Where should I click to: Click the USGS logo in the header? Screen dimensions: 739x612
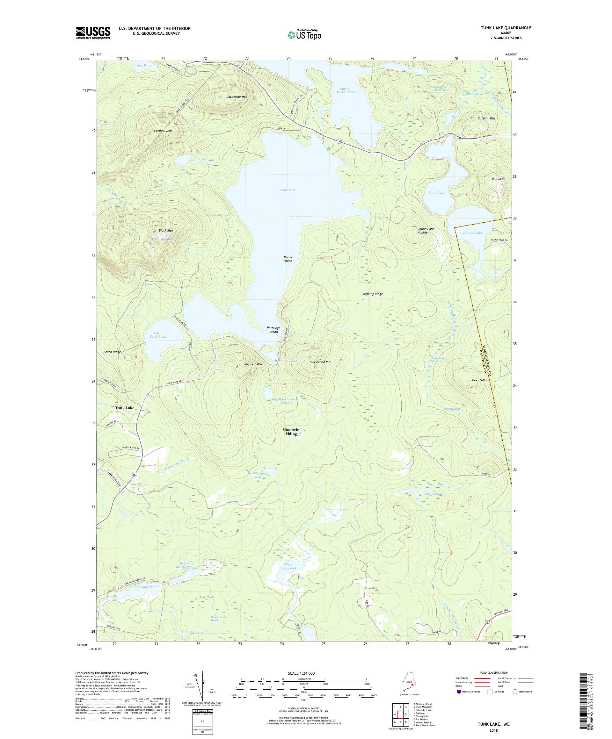pyautogui.click(x=93, y=33)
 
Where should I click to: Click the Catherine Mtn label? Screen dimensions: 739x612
pyautogui.click(x=237, y=97)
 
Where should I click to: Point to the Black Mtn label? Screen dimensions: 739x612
pyautogui.click(x=165, y=231)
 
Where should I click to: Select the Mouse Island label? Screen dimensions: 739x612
pyautogui.click(x=288, y=259)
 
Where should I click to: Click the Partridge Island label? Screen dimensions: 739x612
pyautogui.click(x=273, y=330)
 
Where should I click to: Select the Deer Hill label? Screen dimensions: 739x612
pyautogui.click(x=478, y=380)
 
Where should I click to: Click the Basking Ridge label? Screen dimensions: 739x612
pyautogui.click(x=373, y=294)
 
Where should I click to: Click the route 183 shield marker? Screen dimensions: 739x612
pyautogui.click(x=135, y=475)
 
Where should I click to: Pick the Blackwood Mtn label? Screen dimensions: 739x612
pyautogui.click(x=320, y=362)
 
